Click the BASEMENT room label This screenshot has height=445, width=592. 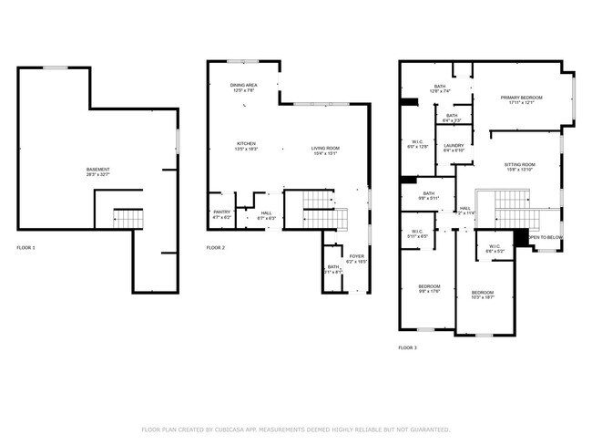(97, 171)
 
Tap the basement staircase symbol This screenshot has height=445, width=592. (128, 219)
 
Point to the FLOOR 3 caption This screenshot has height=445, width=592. (407, 347)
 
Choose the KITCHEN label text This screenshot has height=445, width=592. (246, 144)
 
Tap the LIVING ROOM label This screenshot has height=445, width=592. (325, 150)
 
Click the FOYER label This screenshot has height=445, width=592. (356, 258)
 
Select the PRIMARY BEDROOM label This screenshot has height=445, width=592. (521, 98)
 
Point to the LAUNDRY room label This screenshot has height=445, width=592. (454, 146)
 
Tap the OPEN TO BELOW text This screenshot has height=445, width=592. (546, 237)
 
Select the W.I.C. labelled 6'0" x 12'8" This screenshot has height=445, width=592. (418, 143)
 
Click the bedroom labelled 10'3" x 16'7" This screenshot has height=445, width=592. (482, 294)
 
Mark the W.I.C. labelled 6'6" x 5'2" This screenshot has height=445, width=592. (495, 247)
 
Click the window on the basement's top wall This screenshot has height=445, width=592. (56, 66)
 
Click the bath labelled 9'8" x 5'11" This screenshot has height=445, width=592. (428, 194)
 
